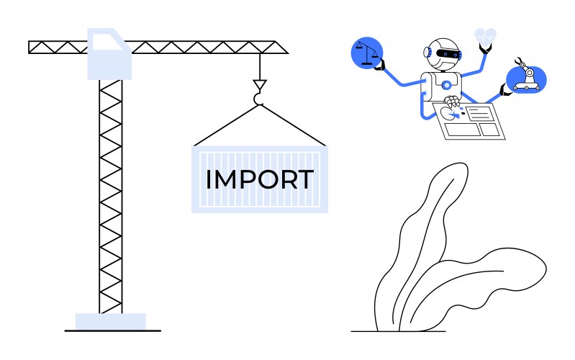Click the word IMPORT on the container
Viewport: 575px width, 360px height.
pyautogui.click(x=259, y=179)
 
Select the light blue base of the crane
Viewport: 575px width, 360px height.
pyautogui.click(x=111, y=321)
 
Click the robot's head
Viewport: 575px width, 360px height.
pyautogui.click(x=443, y=53)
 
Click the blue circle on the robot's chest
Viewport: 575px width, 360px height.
pyautogui.click(x=447, y=85)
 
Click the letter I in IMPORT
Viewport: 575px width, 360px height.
pyautogui.click(x=209, y=179)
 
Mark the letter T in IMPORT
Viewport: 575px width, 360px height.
pyautogui.click(x=304, y=179)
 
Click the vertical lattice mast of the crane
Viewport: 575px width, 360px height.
pyautogui.click(x=111, y=194)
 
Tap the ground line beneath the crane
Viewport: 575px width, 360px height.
pyautogui.click(x=112, y=331)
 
